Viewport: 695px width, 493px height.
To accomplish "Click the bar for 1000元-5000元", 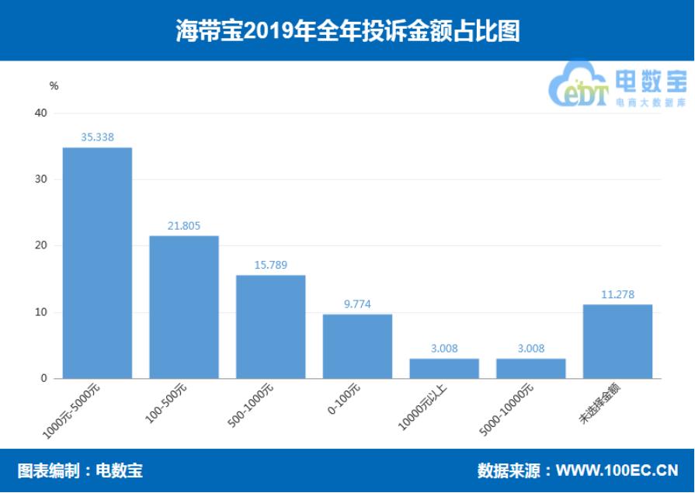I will [97, 263].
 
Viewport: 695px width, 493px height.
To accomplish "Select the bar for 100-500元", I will [184, 307].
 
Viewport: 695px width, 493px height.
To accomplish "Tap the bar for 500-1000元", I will [270, 327].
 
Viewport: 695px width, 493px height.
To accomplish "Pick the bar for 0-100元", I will [357, 346].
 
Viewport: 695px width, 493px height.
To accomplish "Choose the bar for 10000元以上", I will [444, 369].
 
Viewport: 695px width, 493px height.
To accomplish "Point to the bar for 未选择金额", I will [617, 342].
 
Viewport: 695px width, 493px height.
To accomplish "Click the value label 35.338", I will [97, 137].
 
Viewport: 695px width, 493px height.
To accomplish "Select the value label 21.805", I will [184, 226].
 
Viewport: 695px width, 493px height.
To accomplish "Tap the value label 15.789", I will [270, 266].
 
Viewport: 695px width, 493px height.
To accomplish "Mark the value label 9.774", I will [357, 304].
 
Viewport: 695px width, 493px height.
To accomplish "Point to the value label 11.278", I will [617, 294].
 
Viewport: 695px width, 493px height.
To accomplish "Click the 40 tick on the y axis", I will [41, 113].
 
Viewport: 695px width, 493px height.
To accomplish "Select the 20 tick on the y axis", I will [41, 246].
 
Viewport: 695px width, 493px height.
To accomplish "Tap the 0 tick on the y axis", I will [44, 379].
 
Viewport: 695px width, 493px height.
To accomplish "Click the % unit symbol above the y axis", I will [54, 86].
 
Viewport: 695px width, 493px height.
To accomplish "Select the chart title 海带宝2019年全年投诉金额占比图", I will [347, 31].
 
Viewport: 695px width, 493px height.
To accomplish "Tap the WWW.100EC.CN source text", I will [617, 470].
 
